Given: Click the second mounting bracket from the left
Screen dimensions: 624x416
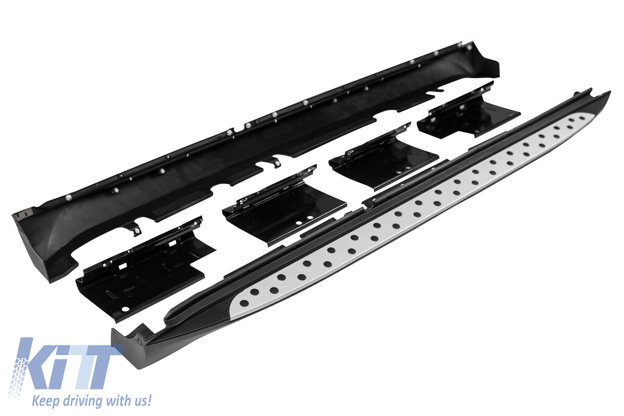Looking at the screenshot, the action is tap(284, 207).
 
